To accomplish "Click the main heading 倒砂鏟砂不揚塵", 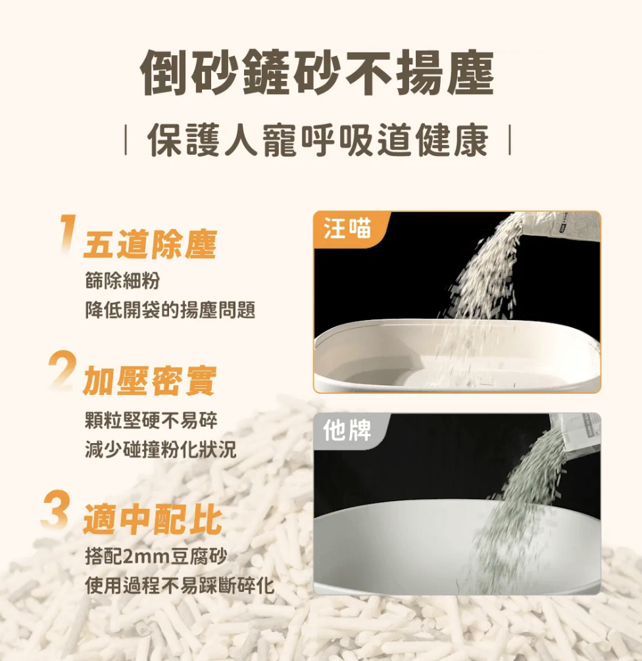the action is (x=317, y=72).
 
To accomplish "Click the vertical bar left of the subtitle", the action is (x=126, y=140).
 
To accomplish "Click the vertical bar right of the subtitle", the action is (x=510, y=140).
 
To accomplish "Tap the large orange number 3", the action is (x=56, y=509).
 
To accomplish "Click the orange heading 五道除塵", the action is (x=151, y=244).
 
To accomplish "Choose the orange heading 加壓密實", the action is (x=150, y=381).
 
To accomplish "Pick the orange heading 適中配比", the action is (x=153, y=519).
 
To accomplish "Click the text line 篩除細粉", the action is (x=122, y=280).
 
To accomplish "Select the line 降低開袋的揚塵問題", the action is (x=170, y=310).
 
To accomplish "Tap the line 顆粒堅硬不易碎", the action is (x=151, y=420).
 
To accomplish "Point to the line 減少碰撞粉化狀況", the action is (x=160, y=450).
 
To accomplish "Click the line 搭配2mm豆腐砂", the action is (x=157, y=556).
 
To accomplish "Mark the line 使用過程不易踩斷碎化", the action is (x=180, y=585).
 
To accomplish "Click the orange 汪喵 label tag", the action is (x=350, y=229).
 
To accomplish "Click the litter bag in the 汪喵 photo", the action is (x=560, y=226).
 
